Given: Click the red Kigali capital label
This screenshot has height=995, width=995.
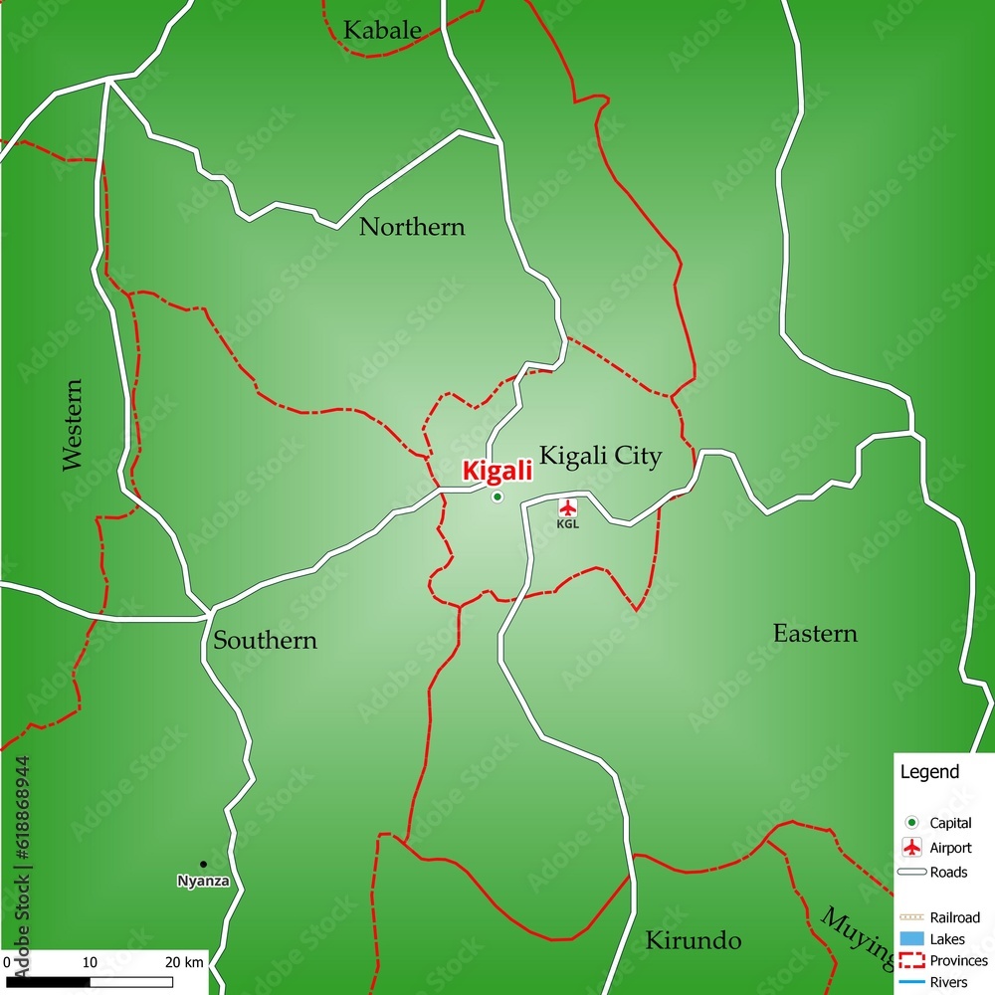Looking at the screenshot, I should point(496,471).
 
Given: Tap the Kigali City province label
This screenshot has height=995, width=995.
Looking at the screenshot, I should point(600,457).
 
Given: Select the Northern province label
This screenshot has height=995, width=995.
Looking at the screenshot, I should point(412,228).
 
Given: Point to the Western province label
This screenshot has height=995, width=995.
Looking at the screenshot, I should point(73,424).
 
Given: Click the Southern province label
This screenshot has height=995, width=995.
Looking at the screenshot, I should point(265,641).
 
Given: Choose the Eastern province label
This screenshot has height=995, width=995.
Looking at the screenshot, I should point(815,634).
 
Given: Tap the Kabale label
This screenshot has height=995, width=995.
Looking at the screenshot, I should point(382,31).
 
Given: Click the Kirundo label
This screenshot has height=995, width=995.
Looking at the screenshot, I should point(694,940).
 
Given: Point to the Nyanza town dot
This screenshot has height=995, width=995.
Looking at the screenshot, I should point(203,864).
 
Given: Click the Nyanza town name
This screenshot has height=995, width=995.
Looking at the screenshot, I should point(203,881).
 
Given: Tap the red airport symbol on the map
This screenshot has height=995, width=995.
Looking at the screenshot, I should point(568,506).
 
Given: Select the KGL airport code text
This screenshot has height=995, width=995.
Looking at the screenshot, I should point(567,523).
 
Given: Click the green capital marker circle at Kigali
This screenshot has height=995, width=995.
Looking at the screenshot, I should point(497,497).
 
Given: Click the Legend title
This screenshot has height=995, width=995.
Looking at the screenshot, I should point(929,771).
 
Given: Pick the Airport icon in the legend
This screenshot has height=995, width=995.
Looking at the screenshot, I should point(910,848).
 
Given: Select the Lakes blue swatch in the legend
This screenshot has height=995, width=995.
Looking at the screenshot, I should point(911,938).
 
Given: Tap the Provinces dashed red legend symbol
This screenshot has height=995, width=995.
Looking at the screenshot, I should point(911,960).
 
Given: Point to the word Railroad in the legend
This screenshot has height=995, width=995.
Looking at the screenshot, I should point(954,917).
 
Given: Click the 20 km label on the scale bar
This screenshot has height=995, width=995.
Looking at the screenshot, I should point(185,962).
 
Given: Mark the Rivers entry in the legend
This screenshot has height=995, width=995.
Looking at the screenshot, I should point(948,982).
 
